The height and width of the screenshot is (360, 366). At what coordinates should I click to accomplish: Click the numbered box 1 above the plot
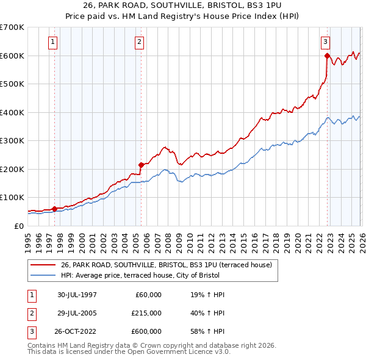pos(53,42)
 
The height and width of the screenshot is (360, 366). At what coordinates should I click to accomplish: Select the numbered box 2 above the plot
pos(139,42)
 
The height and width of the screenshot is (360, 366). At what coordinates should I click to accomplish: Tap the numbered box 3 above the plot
pos(326,42)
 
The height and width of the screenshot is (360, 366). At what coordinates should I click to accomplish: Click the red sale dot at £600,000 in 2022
pos(328,56)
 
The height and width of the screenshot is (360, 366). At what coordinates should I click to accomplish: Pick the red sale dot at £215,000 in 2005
pos(141,165)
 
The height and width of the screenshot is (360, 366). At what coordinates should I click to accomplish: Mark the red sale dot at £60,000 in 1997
pos(55,209)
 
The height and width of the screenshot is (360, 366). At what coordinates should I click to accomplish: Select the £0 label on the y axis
pos(18,226)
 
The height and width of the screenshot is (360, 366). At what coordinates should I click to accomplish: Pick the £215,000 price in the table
pos(146,313)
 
